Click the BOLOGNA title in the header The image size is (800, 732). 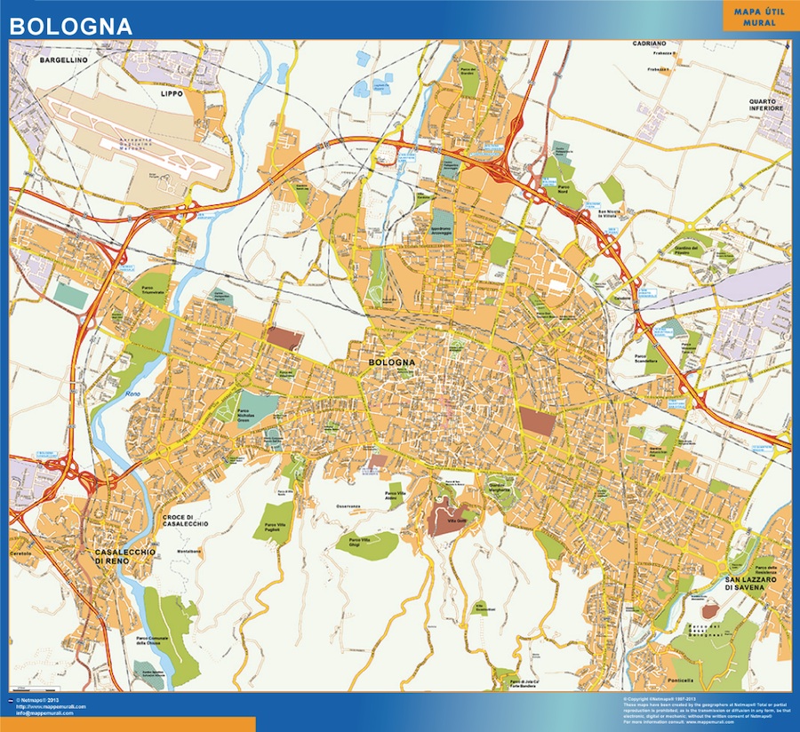click(x=71, y=26)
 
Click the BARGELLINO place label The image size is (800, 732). click(x=62, y=60)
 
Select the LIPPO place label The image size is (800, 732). click(x=171, y=92)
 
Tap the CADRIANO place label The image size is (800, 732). click(x=650, y=43)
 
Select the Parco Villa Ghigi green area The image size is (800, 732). click(x=365, y=543)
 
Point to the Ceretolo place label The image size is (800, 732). click(x=21, y=553)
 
